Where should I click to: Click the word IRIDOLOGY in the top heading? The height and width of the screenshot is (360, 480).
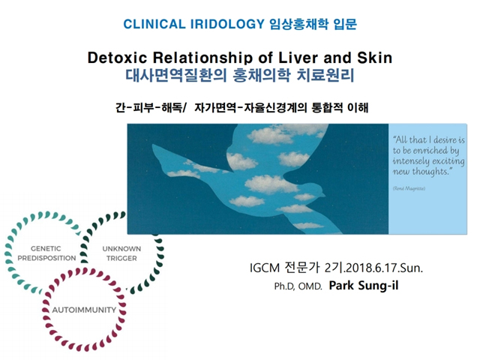[227, 24]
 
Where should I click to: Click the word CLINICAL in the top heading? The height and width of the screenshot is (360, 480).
[154, 24]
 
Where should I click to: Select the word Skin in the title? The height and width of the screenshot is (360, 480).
[375, 58]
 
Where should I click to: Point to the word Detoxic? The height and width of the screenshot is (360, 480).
[117, 58]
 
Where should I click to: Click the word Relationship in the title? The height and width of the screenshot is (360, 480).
[203, 58]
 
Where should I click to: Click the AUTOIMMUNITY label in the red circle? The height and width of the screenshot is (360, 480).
[84, 310]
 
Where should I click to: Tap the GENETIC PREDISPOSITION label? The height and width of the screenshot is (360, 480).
[46, 253]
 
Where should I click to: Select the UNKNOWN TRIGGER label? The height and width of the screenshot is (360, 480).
[121, 253]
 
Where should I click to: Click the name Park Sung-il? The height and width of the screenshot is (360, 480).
[364, 285]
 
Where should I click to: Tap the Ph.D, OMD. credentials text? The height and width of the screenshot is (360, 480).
[298, 286]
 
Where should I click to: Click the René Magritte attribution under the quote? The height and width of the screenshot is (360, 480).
[409, 188]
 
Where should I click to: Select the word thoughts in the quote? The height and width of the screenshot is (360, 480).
[432, 172]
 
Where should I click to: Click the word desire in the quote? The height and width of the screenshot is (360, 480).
[445, 140]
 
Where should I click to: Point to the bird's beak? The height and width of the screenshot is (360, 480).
[323, 193]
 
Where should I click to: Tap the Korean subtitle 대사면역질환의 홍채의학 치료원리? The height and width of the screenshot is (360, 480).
[240, 75]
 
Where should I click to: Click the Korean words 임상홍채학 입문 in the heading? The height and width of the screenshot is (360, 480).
[313, 24]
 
